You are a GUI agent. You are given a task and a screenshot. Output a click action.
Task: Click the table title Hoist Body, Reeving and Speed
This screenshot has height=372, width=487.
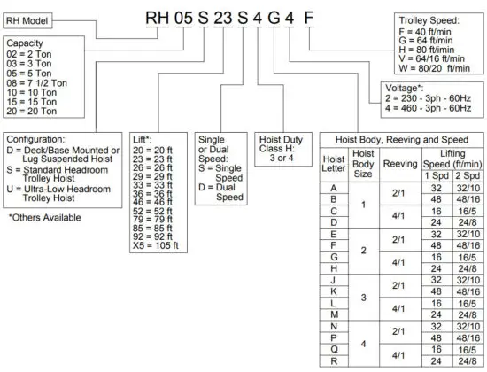[406, 140]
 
